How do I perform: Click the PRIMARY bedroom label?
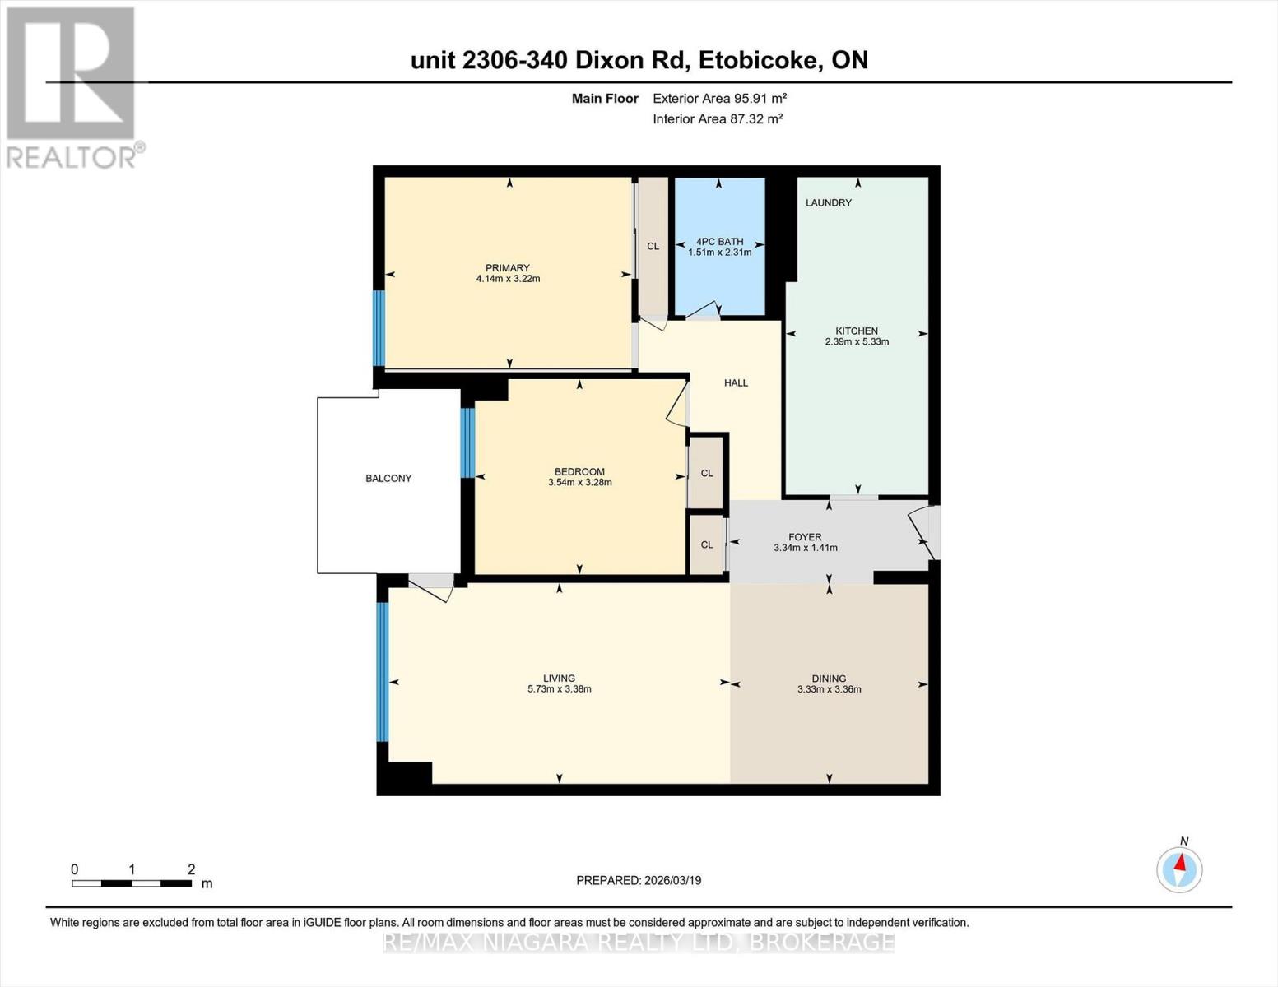[x=507, y=268]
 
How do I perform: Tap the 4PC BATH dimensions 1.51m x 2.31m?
[x=719, y=253]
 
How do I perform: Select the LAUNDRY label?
[x=828, y=202]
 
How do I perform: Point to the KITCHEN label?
[x=857, y=331]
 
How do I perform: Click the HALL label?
[x=736, y=382]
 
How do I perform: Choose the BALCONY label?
[x=388, y=478]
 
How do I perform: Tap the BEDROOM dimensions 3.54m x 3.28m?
[x=579, y=483]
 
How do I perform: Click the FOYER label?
[x=805, y=537]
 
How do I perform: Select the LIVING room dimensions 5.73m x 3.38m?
[x=559, y=689]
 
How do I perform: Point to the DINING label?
[x=829, y=679]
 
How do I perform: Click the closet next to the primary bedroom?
[x=653, y=246]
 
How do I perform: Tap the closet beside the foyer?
[x=706, y=544]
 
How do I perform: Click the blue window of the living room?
[x=382, y=671]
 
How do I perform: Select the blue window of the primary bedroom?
[x=379, y=327]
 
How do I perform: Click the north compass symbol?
[x=1179, y=869]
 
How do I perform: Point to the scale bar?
[x=132, y=883]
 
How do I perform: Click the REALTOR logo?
[x=72, y=87]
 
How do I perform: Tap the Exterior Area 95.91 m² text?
[x=719, y=98]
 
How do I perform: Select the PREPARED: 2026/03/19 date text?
[x=639, y=880]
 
